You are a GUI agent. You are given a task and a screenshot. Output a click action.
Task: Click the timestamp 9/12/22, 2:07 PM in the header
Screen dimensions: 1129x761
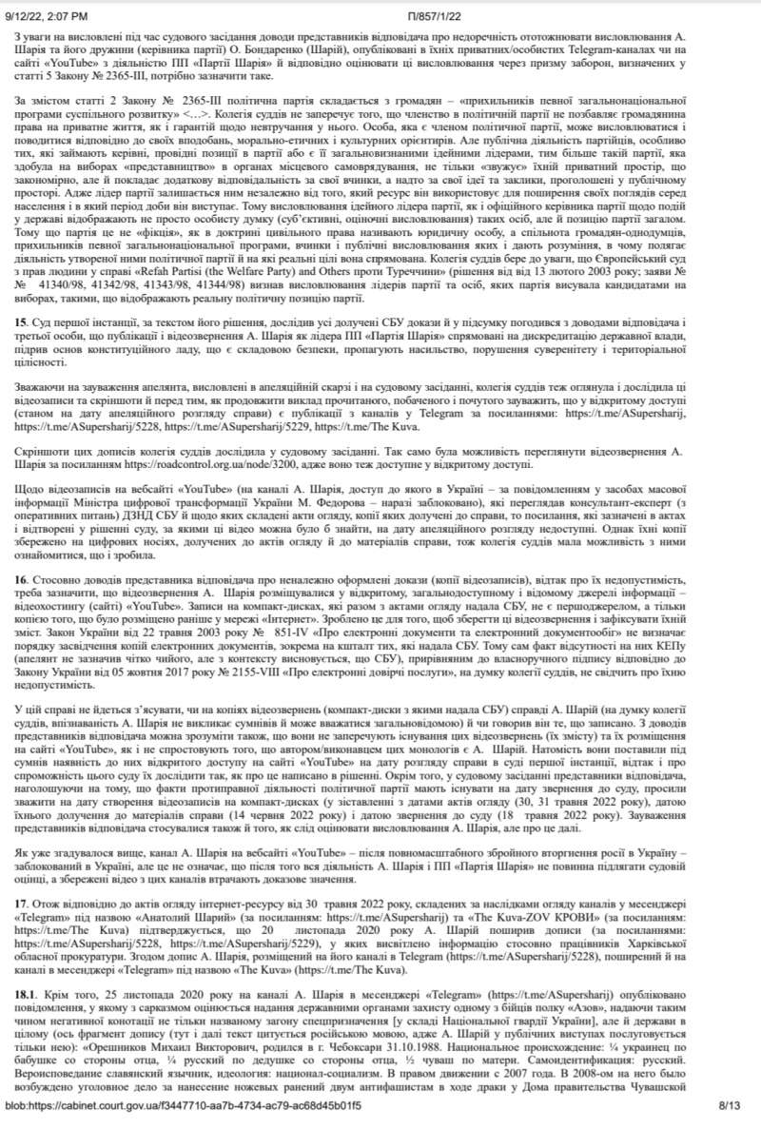click(49, 8)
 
